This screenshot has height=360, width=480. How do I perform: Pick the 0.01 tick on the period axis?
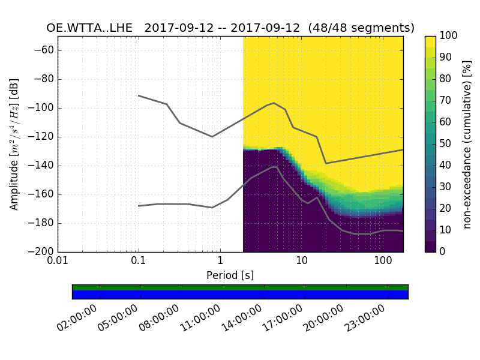(x=58, y=262)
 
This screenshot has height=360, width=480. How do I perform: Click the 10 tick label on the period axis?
(x=301, y=262)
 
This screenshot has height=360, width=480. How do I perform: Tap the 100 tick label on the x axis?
(x=383, y=262)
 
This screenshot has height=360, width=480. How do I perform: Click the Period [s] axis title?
(x=230, y=275)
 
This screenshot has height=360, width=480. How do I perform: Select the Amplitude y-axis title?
(x=14, y=144)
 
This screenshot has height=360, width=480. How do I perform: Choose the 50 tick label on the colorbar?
(x=446, y=144)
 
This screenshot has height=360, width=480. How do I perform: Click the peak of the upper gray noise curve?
(x=274, y=103)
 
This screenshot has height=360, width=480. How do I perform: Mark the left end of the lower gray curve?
(x=139, y=206)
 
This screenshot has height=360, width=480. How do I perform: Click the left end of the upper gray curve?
(x=139, y=95)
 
